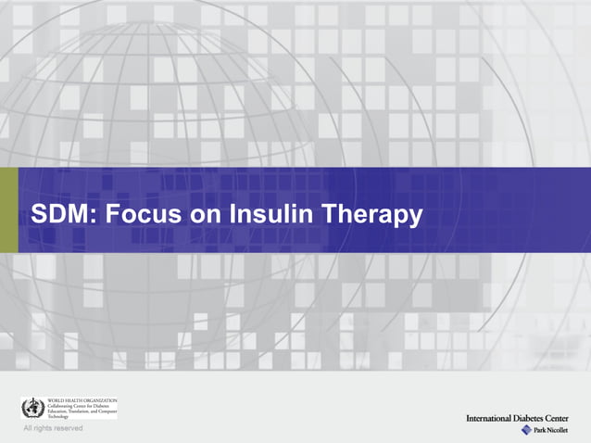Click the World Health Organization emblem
click(x=33, y=408)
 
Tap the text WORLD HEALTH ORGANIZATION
click(x=82, y=399)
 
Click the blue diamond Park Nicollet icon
click(x=526, y=430)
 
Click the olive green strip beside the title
click(x=8, y=209)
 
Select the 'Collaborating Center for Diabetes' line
click(x=80, y=405)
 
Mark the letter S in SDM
click(x=40, y=215)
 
